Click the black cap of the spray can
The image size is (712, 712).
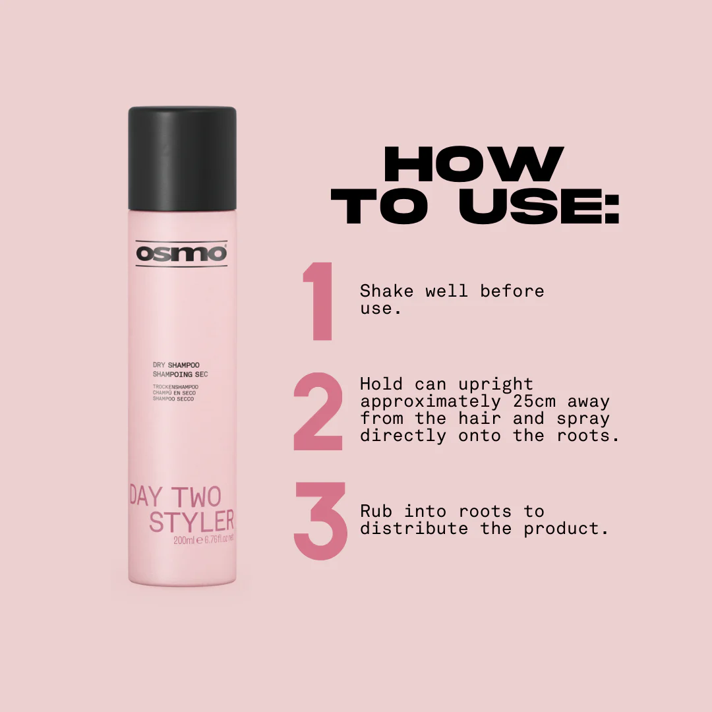click(182, 158)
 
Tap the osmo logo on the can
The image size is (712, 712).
click(181, 253)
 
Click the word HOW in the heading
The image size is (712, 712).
click(473, 163)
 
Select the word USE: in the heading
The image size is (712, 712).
click(539, 206)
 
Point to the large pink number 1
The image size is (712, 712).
click(319, 301)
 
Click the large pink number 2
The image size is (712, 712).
click(318, 411)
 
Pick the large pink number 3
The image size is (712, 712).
click(320, 521)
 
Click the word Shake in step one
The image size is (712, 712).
click(386, 291)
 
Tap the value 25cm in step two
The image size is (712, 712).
click(535, 401)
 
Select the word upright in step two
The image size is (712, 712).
click(495, 385)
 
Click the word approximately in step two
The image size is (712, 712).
click(430, 402)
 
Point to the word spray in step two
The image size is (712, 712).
click(583, 419)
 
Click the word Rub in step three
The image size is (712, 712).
click(376, 512)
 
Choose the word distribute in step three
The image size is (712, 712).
click(414, 529)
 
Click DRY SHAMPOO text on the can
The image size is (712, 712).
click(176, 365)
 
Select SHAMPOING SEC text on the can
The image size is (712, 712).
click(180, 374)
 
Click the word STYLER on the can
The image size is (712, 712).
click(192, 521)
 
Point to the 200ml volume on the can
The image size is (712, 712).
click(184, 541)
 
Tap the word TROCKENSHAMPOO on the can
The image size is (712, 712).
click(175, 387)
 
